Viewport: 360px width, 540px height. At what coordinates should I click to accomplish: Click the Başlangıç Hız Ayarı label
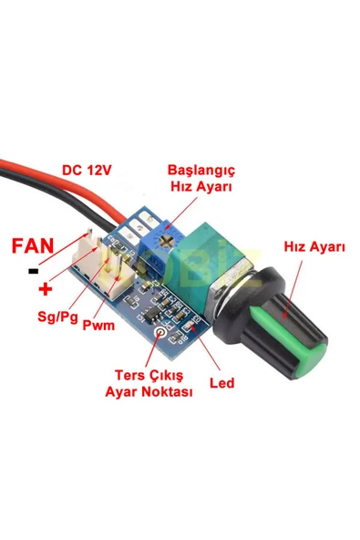pos(201,178)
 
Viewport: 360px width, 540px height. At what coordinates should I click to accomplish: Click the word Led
pos(222,383)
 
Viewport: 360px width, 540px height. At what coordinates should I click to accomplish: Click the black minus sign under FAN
pos(33,271)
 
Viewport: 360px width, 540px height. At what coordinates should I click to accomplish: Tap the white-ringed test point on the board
pos(164,334)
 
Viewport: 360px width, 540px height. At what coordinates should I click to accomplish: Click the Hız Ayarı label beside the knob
pos(314,247)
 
